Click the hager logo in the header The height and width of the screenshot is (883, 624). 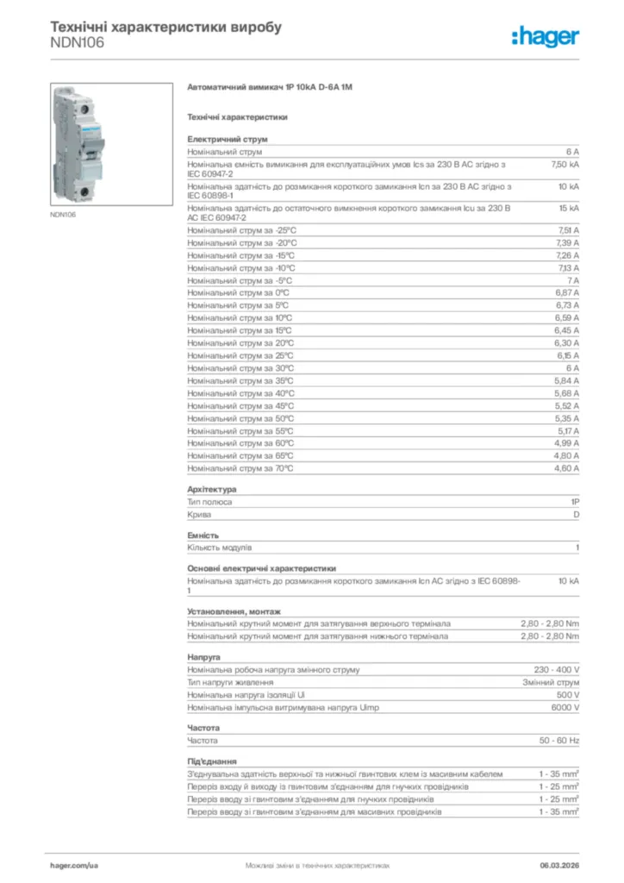coord(545,36)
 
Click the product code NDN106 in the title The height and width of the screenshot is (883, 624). coord(78,42)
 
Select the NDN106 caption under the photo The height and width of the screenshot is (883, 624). coord(63,215)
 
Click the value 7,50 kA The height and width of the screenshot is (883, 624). coord(565,164)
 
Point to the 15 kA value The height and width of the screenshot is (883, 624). coord(568,208)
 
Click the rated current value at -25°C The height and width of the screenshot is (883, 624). coord(567,230)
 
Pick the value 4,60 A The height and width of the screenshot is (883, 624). coord(566,468)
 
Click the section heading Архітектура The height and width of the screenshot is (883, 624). coord(212,490)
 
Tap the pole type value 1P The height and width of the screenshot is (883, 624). coord(575,501)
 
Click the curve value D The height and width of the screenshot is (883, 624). coord(576,514)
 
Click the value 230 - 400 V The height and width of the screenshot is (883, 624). coord(557,670)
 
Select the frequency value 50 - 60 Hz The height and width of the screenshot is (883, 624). coord(559,741)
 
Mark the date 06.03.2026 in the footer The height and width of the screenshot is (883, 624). coord(558,864)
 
